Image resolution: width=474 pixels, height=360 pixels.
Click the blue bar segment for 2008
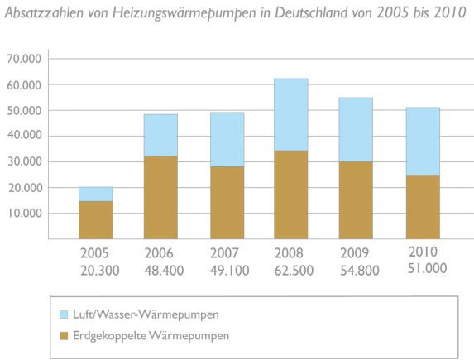point(291,114)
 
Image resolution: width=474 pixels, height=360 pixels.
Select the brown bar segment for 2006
point(161,197)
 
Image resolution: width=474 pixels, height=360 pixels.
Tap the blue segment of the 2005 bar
point(96,194)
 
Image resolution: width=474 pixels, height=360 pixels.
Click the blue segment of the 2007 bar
point(227,139)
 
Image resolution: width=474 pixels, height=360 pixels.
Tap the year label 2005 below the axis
point(94,252)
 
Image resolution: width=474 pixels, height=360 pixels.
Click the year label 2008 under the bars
point(291,252)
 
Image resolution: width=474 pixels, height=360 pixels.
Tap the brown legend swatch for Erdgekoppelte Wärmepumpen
point(67,335)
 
